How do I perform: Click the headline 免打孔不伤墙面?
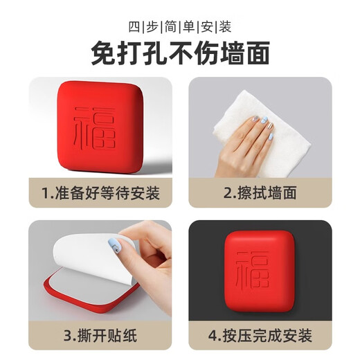coord(180,53)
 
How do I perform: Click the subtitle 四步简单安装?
coord(180,27)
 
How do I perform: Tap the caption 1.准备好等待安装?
coord(101,192)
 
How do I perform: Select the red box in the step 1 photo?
coord(100,128)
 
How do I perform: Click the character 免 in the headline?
coord(103,53)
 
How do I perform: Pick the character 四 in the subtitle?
coord(134,27)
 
